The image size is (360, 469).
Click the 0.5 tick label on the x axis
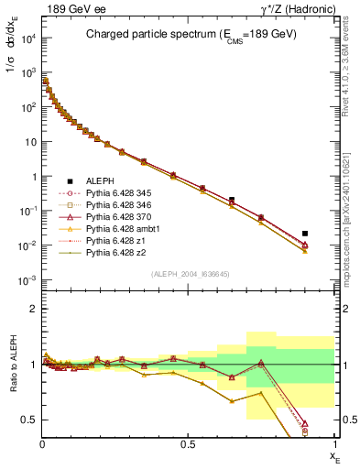coord(188,444)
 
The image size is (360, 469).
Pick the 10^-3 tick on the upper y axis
coord(27,280)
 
